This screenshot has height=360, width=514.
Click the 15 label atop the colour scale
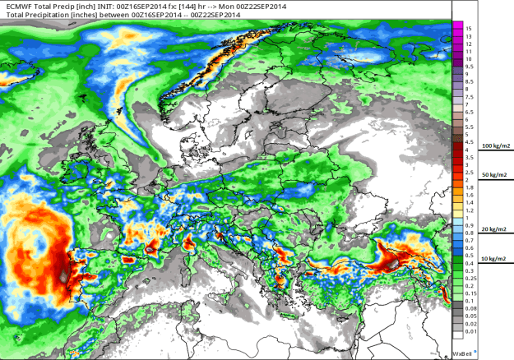coord(468,28)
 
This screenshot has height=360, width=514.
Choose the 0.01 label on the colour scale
coord(470,333)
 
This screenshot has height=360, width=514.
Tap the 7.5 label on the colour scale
coord(468,97)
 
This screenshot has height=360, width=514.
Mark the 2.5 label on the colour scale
coord(468,173)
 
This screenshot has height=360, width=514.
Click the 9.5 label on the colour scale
coord(468,67)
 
